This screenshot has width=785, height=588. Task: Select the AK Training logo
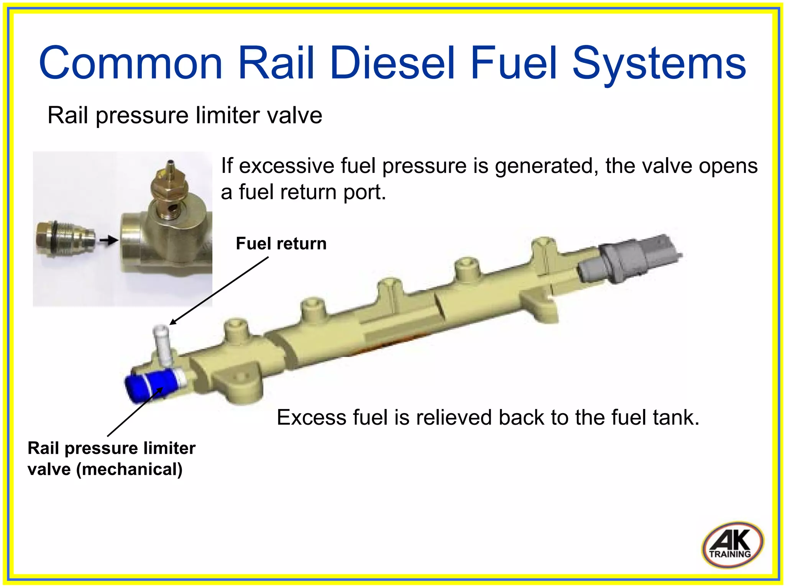[x=732, y=544]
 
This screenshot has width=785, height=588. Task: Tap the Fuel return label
[x=281, y=244]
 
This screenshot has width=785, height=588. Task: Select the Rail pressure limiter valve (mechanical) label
[x=111, y=458]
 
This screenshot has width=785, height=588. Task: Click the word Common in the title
[x=131, y=63]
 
